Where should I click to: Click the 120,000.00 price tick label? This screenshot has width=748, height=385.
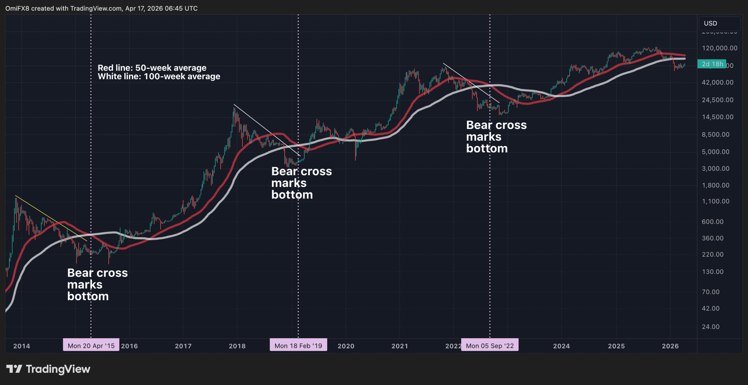click(x=719, y=48)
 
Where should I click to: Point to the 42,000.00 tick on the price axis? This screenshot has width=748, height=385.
click(x=717, y=82)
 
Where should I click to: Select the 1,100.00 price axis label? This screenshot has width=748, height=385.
click(x=716, y=201)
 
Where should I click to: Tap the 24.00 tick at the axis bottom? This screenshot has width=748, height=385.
click(x=711, y=327)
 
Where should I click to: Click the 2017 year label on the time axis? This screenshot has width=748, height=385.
click(x=183, y=346)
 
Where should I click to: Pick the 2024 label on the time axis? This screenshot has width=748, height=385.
click(x=561, y=346)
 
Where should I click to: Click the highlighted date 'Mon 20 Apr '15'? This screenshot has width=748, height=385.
click(x=91, y=346)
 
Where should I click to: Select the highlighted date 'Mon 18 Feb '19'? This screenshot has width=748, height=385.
click(x=298, y=346)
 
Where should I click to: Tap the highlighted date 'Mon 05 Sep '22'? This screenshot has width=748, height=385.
click(x=490, y=346)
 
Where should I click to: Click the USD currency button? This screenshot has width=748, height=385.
click(x=710, y=23)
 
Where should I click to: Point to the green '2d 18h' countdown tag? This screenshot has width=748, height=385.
click(x=712, y=64)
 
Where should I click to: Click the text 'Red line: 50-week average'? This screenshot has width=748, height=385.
click(x=152, y=68)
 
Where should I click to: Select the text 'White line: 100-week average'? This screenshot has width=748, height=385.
click(x=159, y=77)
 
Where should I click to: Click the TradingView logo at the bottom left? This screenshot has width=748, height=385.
click(x=48, y=369)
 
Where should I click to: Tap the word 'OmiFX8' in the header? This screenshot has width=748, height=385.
click(x=17, y=8)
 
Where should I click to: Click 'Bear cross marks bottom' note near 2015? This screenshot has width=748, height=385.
click(x=97, y=284)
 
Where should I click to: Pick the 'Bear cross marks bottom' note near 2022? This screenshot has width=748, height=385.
click(x=496, y=137)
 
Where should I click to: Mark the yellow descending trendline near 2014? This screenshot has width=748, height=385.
click(x=51, y=218)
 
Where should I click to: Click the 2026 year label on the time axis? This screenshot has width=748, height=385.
click(x=670, y=346)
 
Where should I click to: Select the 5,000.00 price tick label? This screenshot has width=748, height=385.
click(x=716, y=152)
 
